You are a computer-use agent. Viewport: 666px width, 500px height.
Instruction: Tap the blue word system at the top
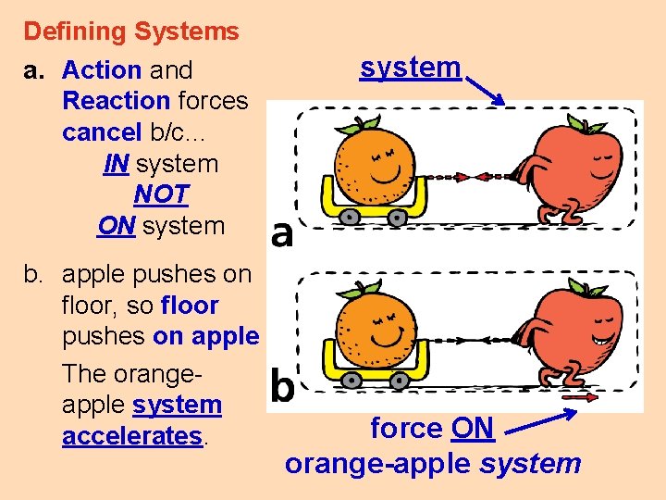click(x=410, y=67)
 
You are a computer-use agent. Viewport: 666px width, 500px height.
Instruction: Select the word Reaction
click(x=116, y=101)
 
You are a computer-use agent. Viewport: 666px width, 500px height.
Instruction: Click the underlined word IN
click(x=116, y=164)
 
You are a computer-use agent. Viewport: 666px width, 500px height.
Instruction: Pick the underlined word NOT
click(x=161, y=194)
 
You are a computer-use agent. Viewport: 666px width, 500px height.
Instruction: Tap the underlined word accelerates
click(x=131, y=436)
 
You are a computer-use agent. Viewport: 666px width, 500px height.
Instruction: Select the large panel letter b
click(x=282, y=386)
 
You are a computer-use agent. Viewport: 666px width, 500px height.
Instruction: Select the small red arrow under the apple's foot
click(x=575, y=398)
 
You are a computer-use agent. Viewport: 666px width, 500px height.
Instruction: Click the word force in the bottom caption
click(x=406, y=429)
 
